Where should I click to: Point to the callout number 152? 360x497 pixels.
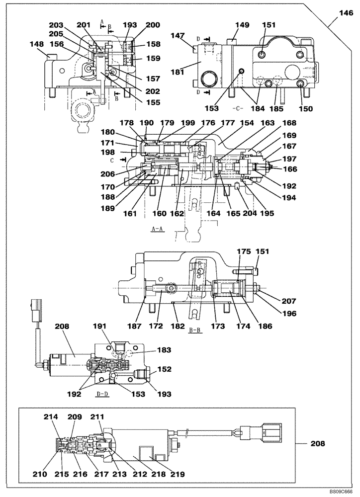point(165,369)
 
